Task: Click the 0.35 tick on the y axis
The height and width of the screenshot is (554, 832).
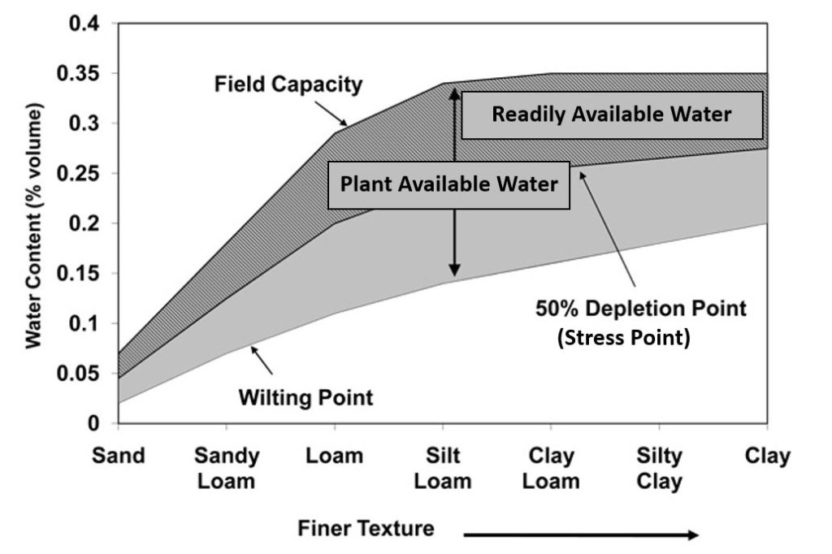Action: (x=79, y=73)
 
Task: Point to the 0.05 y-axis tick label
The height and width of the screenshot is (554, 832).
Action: (x=79, y=374)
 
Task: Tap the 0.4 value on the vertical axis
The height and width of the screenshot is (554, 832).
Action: (x=84, y=24)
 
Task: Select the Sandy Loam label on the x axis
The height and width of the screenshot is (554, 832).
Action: (x=227, y=469)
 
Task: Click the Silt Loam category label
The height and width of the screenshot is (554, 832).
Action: (x=443, y=469)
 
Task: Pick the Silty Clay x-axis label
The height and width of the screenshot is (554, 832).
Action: (x=659, y=469)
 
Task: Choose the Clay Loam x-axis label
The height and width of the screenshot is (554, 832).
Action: (x=551, y=469)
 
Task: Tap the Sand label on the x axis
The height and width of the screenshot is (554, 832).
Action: (x=119, y=456)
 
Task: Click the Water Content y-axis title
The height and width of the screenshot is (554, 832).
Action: (x=34, y=226)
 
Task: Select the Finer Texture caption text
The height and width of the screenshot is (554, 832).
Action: (x=366, y=529)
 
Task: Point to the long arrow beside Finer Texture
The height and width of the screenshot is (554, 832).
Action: (x=581, y=535)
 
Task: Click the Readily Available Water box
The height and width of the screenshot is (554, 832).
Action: (x=612, y=115)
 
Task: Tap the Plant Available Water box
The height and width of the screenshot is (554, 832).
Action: (x=448, y=185)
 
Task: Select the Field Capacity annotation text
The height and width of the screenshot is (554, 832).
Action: (x=288, y=84)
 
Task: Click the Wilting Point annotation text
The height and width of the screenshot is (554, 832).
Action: (x=305, y=397)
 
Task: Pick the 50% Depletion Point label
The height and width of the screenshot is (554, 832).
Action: (x=640, y=309)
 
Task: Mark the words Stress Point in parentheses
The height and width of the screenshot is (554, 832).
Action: (x=624, y=337)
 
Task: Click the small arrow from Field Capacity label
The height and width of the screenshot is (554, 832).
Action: (x=331, y=113)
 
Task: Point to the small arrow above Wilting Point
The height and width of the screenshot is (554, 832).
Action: (x=262, y=361)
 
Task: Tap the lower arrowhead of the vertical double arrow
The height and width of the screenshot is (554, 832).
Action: (x=454, y=271)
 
